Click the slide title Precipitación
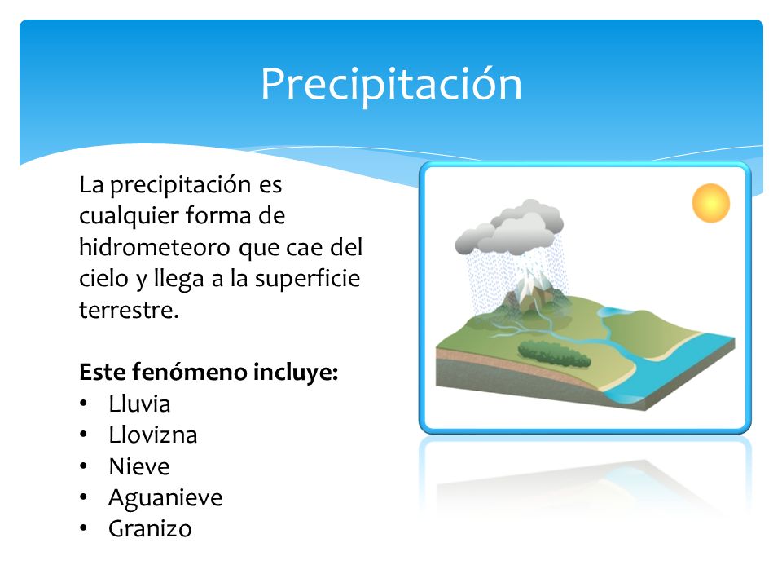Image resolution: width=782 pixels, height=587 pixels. click(391, 83)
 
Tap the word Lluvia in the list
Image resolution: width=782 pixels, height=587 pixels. click(139, 404)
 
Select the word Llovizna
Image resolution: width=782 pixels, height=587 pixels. click(152, 435)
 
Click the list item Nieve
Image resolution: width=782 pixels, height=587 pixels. click(138, 466)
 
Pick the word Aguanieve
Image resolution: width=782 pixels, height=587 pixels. click(165, 497)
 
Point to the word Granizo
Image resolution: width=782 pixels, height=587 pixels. click(150, 528)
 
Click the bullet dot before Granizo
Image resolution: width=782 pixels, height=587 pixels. click(85, 529)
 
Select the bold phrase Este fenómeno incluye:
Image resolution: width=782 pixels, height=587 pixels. click(209, 373)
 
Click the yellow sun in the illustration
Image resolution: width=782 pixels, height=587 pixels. click(710, 204)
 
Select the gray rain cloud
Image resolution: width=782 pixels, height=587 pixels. click(510, 228)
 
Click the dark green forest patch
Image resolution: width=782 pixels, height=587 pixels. click(554, 353)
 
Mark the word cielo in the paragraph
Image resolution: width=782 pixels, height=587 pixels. click(103, 279)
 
